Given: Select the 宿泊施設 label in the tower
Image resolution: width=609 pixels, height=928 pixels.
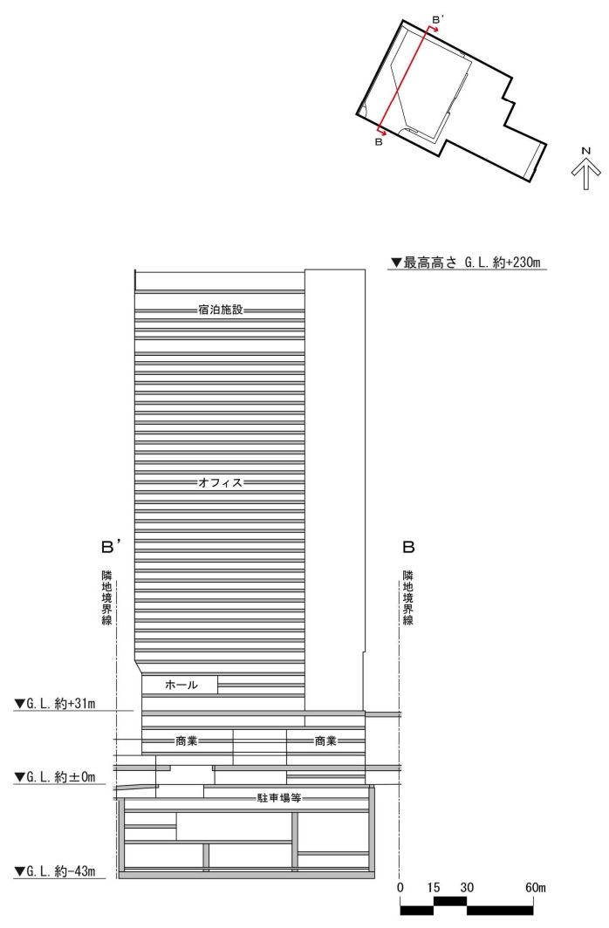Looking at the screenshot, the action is click(220, 310).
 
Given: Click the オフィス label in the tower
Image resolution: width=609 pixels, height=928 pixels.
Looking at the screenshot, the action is click(220, 482).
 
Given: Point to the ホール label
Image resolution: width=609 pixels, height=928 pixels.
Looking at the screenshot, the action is click(181, 685).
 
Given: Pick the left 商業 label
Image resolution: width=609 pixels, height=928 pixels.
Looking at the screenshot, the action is click(187, 740).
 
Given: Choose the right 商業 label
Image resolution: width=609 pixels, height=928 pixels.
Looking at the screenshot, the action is click(325, 740).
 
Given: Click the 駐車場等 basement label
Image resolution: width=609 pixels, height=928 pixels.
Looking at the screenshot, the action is click(278, 798).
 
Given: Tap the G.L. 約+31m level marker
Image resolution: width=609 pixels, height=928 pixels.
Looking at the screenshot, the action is click(55, 704).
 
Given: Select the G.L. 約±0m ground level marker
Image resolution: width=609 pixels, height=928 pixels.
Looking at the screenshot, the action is click(55, 777).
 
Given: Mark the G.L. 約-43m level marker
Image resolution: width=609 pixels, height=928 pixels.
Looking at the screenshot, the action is click(55, 871).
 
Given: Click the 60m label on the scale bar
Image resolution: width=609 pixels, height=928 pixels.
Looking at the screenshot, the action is click(536, 887).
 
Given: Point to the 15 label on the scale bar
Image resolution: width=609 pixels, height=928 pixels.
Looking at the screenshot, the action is click(434, 887).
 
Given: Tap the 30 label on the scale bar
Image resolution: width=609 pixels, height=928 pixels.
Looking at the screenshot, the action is click(467, 887).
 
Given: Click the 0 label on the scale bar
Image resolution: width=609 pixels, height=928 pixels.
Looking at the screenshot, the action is click(400, 887).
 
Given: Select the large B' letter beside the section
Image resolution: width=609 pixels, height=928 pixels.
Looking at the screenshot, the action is click(112, 547).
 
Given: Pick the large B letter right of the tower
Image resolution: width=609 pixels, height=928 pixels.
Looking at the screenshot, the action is click(408, 547).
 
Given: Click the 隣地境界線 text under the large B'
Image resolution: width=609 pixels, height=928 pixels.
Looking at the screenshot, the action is click(107, 597).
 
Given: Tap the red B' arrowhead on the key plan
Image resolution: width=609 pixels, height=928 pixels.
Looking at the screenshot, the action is click(435, 29).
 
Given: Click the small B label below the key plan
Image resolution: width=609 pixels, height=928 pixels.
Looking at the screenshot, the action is click(379, 142).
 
